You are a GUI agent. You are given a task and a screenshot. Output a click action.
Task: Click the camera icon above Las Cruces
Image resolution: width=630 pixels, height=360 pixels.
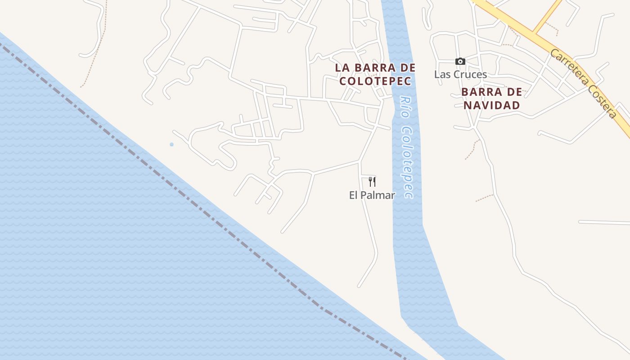460,61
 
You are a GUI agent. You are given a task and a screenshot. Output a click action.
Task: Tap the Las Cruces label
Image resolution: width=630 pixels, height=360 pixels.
460,74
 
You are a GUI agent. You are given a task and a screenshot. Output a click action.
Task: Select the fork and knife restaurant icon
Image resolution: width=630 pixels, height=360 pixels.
372,182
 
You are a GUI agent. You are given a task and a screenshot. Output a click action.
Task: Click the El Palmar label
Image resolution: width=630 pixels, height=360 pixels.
372,195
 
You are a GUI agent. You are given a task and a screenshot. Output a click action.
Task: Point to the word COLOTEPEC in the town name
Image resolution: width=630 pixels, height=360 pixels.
375,81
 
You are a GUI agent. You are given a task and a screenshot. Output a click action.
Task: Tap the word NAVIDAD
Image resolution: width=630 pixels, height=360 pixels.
492,105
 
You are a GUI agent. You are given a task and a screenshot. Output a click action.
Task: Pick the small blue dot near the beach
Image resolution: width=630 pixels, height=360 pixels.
171,144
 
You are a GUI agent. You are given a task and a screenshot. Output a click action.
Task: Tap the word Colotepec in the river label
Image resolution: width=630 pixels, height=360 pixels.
407,162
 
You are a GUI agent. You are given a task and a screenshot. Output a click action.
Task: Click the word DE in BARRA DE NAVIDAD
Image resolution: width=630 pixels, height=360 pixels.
515,92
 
